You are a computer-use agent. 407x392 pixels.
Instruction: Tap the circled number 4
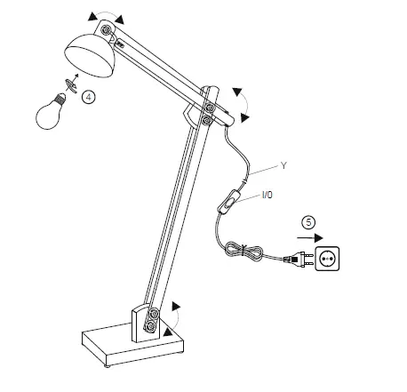coord(87,99)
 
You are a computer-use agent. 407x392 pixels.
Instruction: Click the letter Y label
coord(283,165)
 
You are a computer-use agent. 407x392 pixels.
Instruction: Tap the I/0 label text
coord(267,194)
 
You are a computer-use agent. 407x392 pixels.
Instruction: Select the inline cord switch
coord(231,202)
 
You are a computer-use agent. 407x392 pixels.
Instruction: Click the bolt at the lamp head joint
coord(108,31)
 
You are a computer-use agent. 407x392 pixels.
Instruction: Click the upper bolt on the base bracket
coord(155,314)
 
